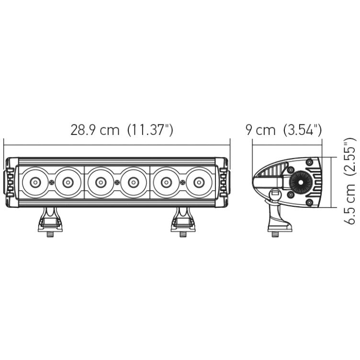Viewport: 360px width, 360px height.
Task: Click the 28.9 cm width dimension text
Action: coord(95,130)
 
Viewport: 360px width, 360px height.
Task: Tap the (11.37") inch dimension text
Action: coord(150,130)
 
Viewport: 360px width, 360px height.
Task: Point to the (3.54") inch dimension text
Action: coord(302,130)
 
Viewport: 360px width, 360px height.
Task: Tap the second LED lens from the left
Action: coord(67,182)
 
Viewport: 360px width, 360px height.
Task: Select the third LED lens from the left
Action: coord(101,182)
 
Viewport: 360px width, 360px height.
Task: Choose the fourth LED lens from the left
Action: coord(133,182)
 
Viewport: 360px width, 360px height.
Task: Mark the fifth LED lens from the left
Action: coord(166,182)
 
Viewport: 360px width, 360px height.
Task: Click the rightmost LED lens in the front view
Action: coord(198,182)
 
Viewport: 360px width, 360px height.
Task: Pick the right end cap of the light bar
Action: coord(224,182)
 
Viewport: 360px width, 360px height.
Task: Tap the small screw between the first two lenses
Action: coord(51,182)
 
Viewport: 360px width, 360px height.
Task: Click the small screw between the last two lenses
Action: coord(182,182)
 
